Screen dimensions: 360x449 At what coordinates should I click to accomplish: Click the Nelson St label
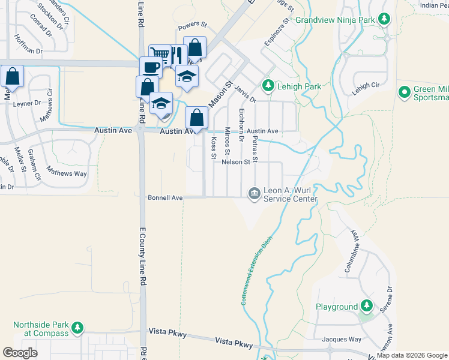pyautogui.click(x=235, y=162)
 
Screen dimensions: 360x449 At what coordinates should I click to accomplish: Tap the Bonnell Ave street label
pyautogui.click(x=165, y=197)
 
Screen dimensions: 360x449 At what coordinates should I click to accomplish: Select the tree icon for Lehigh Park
pyautogui.click(x=268, y=86)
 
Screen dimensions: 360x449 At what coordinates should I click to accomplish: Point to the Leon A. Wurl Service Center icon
pyautogui.click(x=255, y=193)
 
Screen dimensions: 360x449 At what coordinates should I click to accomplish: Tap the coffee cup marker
pyautogui.click(x=150, y=66)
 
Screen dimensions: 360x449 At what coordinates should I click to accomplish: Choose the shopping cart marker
pyautogui.click(x=159, y=56)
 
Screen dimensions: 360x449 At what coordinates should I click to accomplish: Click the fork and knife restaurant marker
pyautogui.click(x=177, y=56)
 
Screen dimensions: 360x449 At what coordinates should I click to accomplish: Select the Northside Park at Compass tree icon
pyautogui.click(x=77, y=328)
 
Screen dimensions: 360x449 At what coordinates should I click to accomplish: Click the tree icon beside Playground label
pyautogui.click(x=366, y=307)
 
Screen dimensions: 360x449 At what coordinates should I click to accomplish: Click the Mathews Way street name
pyautogui.click(x=67, y=174)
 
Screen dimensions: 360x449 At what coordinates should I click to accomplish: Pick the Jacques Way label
pyautogui.click(x=339, y=340)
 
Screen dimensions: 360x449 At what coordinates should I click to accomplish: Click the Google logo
pyautogui.click(x=20, y=353)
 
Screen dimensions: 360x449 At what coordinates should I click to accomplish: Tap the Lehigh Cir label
pyautogui.click(x=367, y=86)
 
